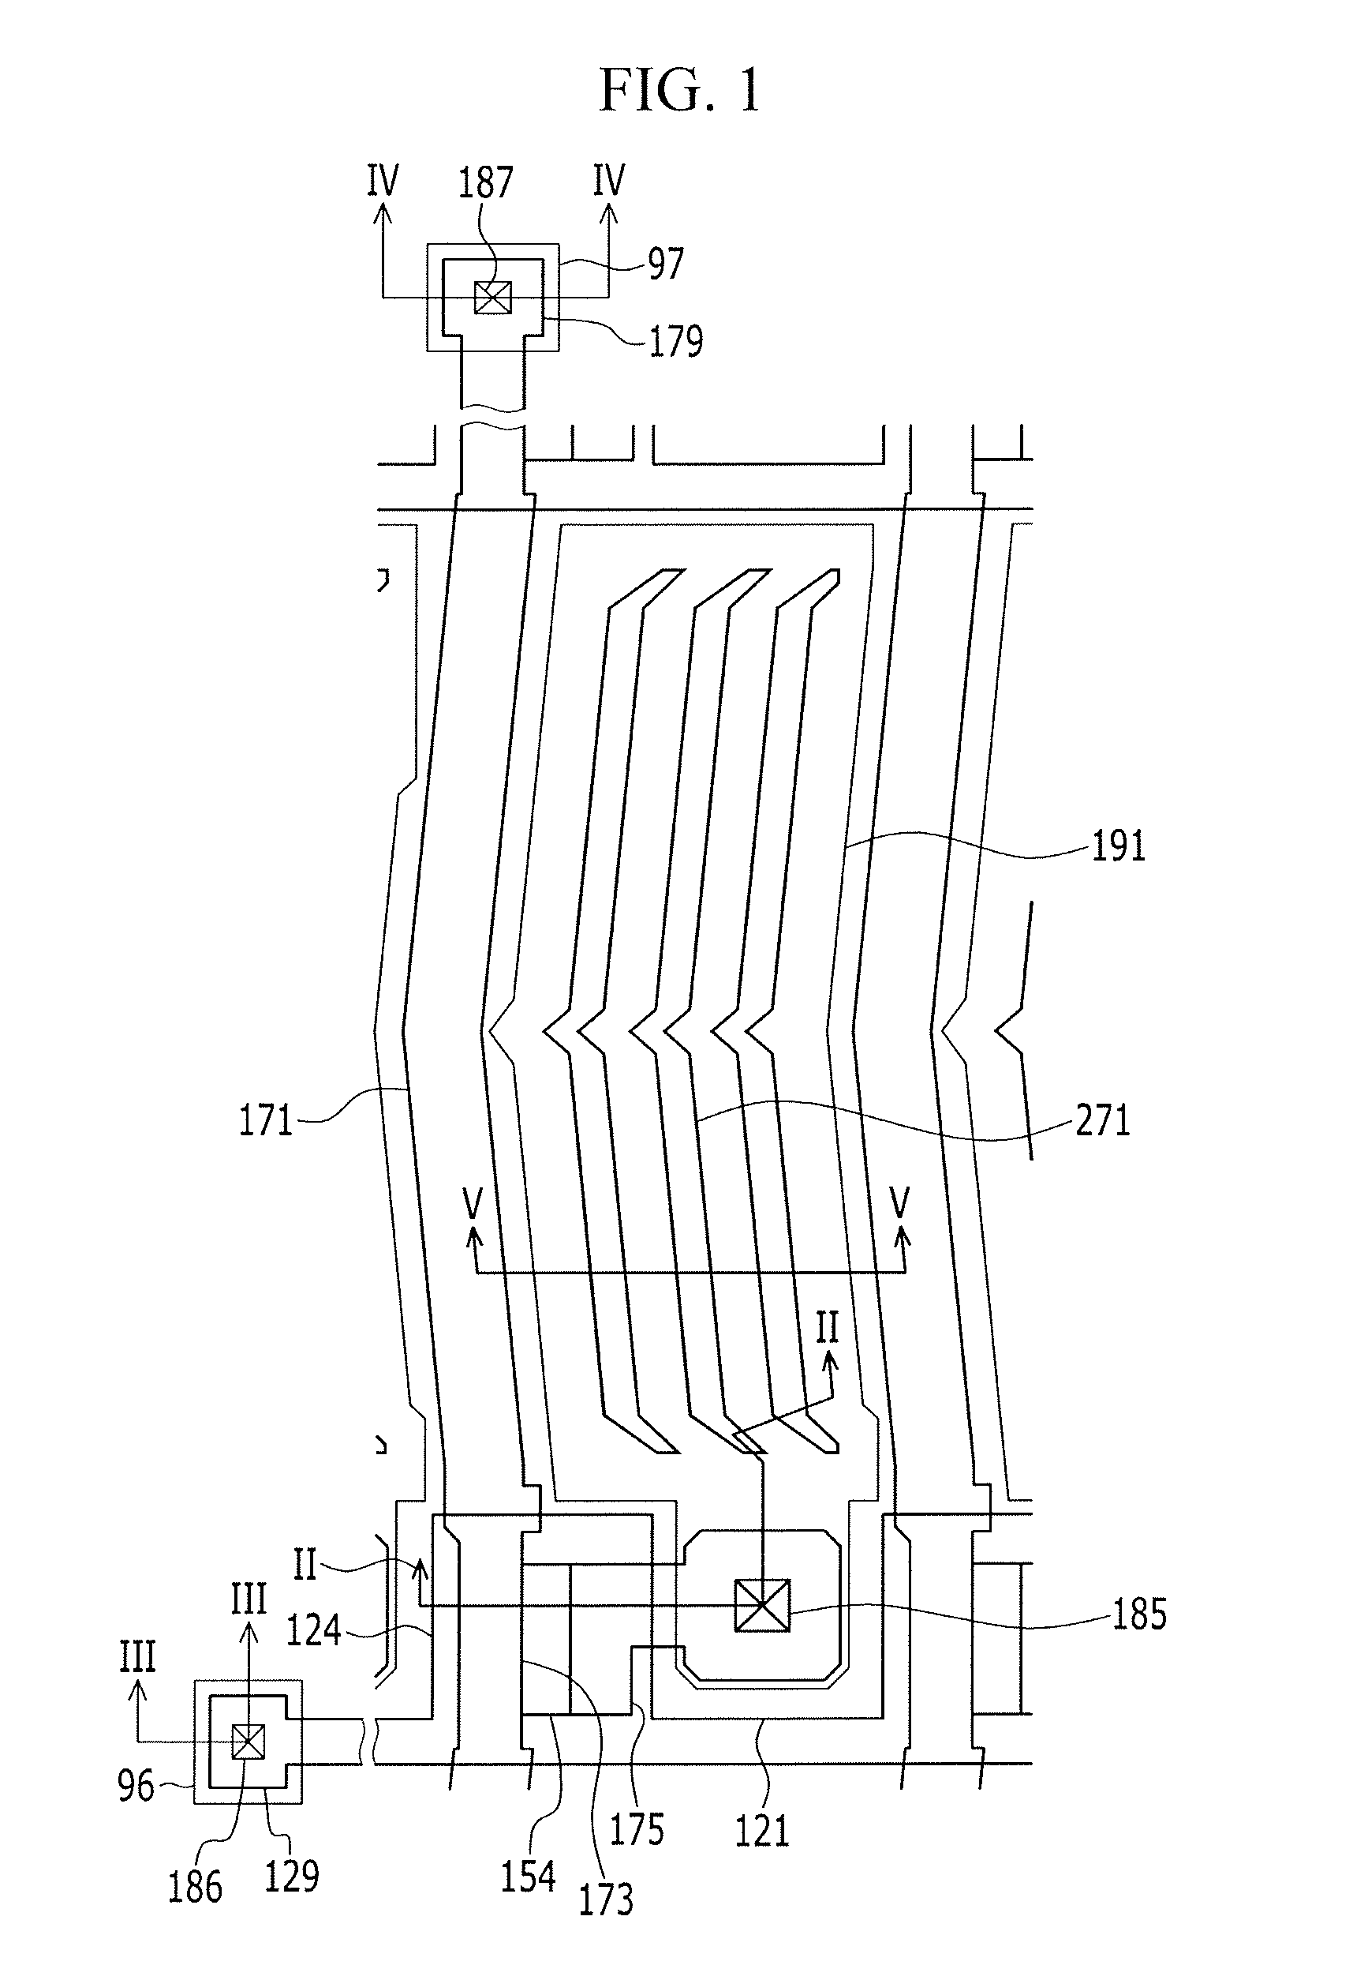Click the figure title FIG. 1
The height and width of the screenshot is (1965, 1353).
tap(679, 90)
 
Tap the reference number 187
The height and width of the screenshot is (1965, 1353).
tap(486, 182)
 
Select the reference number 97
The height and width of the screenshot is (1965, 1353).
tap(666, 264)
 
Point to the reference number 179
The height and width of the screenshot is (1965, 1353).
tap(675, 341)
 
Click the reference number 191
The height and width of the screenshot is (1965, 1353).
tap(1118, 846)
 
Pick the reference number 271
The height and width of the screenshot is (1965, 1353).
tap(1103, 1120)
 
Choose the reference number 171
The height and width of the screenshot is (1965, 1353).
tap(265, 1120)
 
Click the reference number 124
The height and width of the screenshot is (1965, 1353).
tap(314, 1629)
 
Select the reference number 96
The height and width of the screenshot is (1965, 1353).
tap(136, 1787)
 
